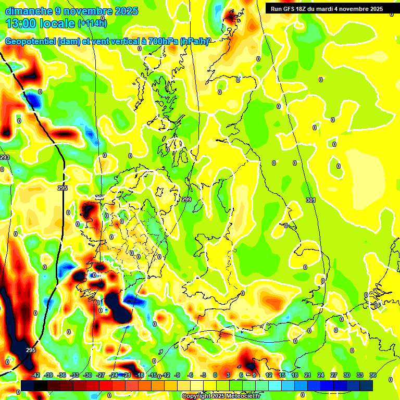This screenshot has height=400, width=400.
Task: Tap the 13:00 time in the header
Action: (x=24, y=23)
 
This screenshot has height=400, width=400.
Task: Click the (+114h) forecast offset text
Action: (x=92, y=23)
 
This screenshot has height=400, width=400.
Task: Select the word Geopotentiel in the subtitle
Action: (x=31, y=42)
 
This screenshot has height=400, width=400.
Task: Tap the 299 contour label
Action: (x=186, y=199)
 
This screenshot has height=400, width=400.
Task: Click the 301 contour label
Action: (x=311, y=200)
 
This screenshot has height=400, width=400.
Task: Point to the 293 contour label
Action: (x=5, y=157)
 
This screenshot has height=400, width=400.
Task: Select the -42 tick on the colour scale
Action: (x=36, y=375)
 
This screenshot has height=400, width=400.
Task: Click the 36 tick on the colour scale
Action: (x=373, y=375)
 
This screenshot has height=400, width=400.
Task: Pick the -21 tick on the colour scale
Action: (x=126, y=375)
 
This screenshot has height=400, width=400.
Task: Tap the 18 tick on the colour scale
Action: (x=295, y=375)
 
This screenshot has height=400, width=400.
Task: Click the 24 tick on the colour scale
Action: (x=321, y=375)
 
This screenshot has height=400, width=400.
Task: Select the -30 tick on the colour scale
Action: (x=87, y=375)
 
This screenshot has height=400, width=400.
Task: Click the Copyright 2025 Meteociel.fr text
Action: (x=221, y=396)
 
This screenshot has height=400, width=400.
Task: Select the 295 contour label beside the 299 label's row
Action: (x=63, y=188)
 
